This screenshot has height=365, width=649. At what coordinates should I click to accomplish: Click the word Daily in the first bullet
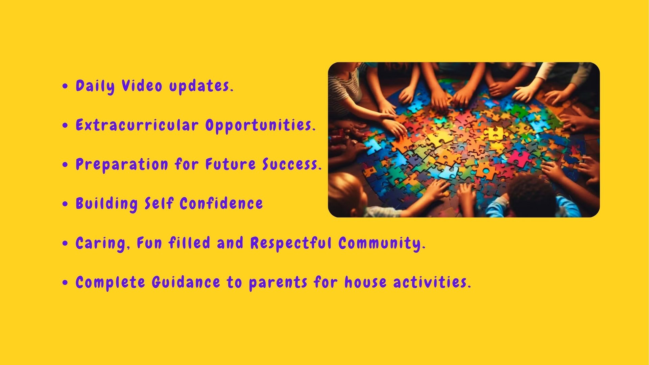pyautogui.click(x=95, y=86)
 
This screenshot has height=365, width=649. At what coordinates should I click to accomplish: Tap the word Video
pyautogui.click(x=142, y=86)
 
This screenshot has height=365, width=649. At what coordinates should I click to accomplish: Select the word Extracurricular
pyautogui.click(x=137, y=125)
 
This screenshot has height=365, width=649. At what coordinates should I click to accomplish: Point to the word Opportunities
pyautogui.click(x=260, y=126)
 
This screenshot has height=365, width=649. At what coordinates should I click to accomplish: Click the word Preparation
pyautogui.click(x=122, y=165)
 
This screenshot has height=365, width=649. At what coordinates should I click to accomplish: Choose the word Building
pyautogui.click(x=106, y=204)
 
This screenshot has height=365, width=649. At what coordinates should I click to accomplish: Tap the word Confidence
pyautogui.click(x=221, y=204)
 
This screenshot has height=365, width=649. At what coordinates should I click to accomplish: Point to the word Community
pyautogui.click(x=382, y=244)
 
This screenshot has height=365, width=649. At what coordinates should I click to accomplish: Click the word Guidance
pyautogui.click(x=186, y=282)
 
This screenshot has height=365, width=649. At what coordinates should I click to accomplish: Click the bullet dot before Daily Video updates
pyautogui.click(x=65, y=86)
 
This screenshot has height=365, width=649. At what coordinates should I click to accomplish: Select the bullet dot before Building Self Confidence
pyautogui.click(x=65, y=204)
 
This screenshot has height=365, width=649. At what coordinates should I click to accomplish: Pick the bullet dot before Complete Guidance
pyautogui.click(x=65, y=282)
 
